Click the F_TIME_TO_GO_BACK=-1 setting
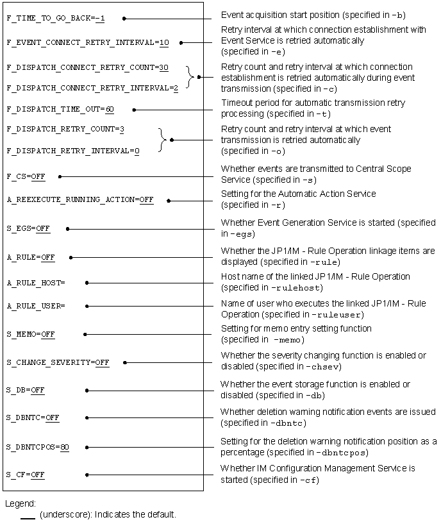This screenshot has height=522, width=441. click(55, 19)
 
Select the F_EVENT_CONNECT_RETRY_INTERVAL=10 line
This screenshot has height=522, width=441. click(88, 42)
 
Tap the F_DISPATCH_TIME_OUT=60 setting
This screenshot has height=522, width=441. click(60, 110)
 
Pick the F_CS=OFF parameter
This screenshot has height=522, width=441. click(26, 176)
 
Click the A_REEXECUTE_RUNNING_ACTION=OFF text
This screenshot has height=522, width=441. click(80, 200)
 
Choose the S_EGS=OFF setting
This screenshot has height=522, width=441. click(28, 228)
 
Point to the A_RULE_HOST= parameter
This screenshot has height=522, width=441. click(36, 282)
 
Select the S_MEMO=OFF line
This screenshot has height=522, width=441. click(31, 334)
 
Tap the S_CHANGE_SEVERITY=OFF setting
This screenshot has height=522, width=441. click(58, 362)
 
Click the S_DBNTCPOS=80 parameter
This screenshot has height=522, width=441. click(38, 446)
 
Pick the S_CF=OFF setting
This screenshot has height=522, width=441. click(26, 475)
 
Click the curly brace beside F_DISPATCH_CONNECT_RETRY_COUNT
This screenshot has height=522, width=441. click(190, 76)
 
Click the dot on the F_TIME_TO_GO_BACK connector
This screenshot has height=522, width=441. click(124, 19)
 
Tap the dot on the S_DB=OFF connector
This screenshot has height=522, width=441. click(86, 390)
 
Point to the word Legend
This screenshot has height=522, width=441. click(21, 503)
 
